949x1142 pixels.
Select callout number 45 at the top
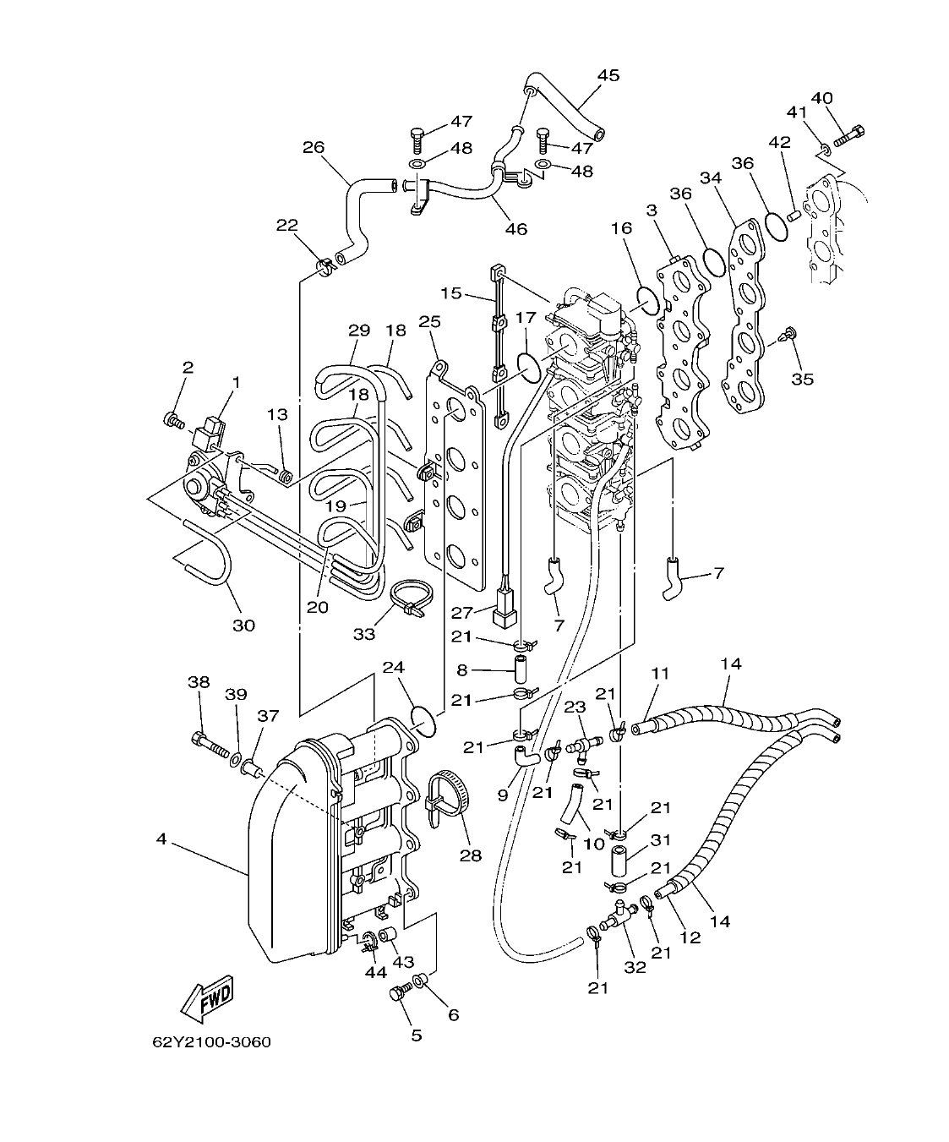pyautogui.click(x=608, y=75)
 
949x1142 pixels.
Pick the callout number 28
pyautogui.click(x=470, y=855)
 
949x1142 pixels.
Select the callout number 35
pyautogui.click(x=802, y=379)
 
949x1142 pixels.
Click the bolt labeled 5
pyautogui.click(x=398, y=994)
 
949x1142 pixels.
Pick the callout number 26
pyautogui.click(x=313, y=148)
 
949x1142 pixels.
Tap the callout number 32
pyautogui.click(x=634, y=967)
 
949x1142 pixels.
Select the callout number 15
pyautogui.click(x=451, y=292)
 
